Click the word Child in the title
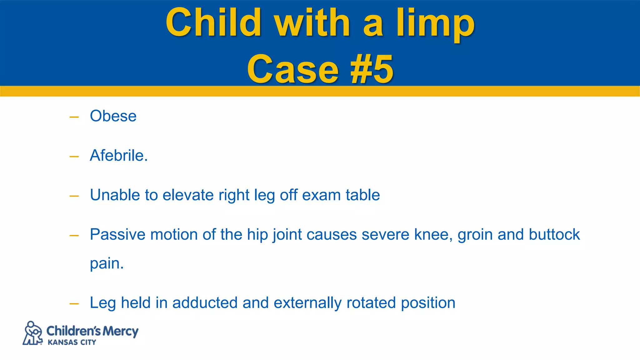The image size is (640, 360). point(213,22)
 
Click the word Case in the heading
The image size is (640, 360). point(292,69)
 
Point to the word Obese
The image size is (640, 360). point(113,116)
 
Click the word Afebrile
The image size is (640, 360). point(118,155)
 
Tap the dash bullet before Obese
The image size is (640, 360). point(74,117)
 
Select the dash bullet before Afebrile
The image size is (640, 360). point(74,157)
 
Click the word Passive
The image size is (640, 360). point(117,234)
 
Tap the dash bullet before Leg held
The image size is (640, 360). point(74,304)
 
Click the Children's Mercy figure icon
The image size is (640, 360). point(32,333)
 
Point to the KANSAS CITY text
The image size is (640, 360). point(72,342)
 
